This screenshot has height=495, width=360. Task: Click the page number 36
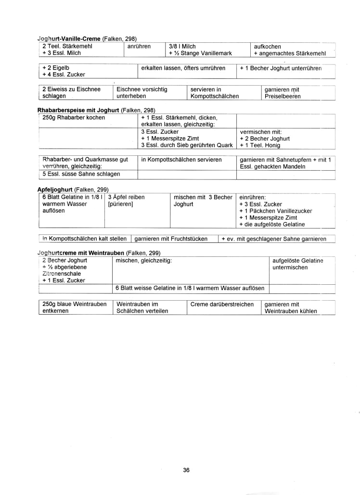[186, 470]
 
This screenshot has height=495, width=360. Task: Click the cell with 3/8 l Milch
[179, 46]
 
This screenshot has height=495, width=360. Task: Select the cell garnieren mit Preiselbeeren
[283, 93]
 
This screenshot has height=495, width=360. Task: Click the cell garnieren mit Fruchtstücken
[171, 239]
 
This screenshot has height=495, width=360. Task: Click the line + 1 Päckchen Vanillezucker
[276, 211]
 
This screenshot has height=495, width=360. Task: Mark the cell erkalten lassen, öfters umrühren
[183, 68]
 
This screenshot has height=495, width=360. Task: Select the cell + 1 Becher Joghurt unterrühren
[281, 68]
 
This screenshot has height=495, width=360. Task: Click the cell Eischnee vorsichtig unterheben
[141, 93]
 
